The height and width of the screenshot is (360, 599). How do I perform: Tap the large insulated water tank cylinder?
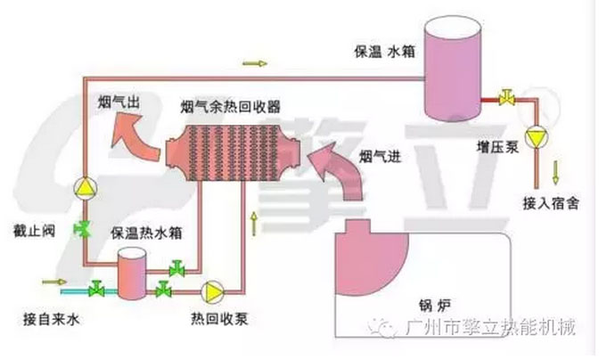(x=451, y=66)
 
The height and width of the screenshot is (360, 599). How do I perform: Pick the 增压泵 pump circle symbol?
(x=535, y=138)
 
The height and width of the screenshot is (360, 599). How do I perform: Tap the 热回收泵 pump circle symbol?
(x=214, y=290)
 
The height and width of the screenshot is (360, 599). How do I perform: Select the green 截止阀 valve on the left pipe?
(x=82, y=229)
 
